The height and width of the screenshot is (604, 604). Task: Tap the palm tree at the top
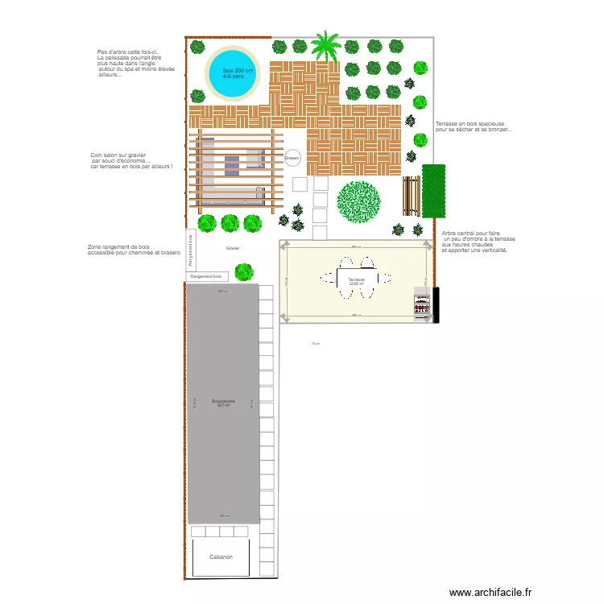326,46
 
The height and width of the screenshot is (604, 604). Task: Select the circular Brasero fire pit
292,158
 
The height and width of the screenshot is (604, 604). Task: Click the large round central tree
359,201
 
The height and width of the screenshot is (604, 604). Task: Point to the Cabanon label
221,556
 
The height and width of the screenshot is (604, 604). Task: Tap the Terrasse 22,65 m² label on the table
356,281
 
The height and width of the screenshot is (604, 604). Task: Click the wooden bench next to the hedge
412,196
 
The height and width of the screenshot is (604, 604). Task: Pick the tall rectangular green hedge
433,191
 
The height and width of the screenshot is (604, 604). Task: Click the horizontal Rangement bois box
206,276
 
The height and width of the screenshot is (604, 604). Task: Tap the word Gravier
233,248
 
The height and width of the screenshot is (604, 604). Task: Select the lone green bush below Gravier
244,271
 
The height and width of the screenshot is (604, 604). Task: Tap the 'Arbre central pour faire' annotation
477,242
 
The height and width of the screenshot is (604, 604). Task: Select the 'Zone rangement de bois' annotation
133,250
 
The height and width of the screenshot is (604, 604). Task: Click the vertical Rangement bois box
191,249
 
